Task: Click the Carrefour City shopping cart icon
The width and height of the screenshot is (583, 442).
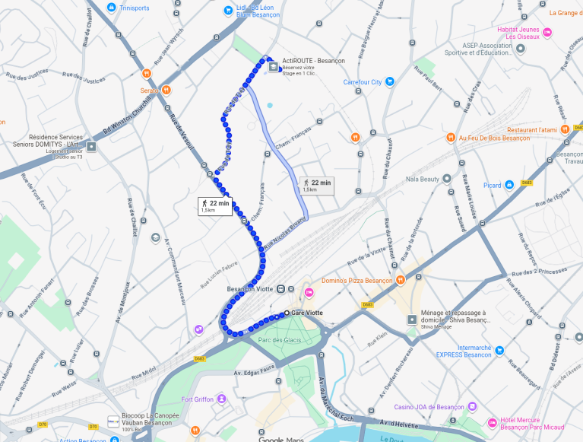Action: tap(389, 82)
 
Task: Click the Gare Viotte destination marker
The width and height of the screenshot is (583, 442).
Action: tap(287, 313)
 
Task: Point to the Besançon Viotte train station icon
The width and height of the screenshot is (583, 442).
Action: tap(281, 289)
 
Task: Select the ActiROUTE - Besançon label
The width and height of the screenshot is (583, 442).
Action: tap(313, 61)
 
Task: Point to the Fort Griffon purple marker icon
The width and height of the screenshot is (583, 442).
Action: tap(220, 399)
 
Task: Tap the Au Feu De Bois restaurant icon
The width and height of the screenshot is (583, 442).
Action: tap(451, 138)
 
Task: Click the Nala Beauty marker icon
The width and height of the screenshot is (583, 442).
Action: tap(447, 179)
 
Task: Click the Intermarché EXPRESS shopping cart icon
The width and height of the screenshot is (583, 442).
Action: tap(499, 351)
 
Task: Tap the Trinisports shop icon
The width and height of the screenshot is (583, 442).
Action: tap(112, 8)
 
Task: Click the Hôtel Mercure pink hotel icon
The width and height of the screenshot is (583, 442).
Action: tap(492, 422)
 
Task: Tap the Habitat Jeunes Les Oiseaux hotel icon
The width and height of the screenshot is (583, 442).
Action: tap(547, 32)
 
